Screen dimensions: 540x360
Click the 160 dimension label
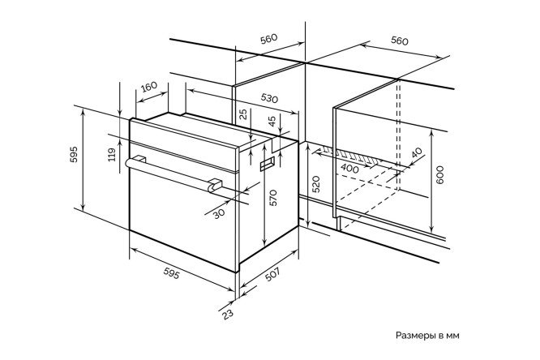pos(149,86)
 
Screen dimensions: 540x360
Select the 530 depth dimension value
pos(269,99)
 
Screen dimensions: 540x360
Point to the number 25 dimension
pos(243,114)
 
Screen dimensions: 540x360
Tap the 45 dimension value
pos(272,122)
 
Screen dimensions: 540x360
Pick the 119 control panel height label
pos(112,155)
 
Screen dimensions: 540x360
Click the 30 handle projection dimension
pos(219,213)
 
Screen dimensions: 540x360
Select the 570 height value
pos(273,198)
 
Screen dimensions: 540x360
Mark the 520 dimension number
pos(316,184)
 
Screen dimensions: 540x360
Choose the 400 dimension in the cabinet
pos(349,169)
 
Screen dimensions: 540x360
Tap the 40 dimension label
pos(417,152)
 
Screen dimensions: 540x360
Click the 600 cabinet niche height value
pos(439,174)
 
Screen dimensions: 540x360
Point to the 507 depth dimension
pos(272,275)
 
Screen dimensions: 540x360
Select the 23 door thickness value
pos(227,314)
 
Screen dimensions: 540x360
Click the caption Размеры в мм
pos(427,336)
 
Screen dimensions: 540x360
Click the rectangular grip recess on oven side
pos(268,163)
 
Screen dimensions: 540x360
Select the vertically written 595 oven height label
pos(74,154)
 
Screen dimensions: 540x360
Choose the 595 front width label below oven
pos(171,273)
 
